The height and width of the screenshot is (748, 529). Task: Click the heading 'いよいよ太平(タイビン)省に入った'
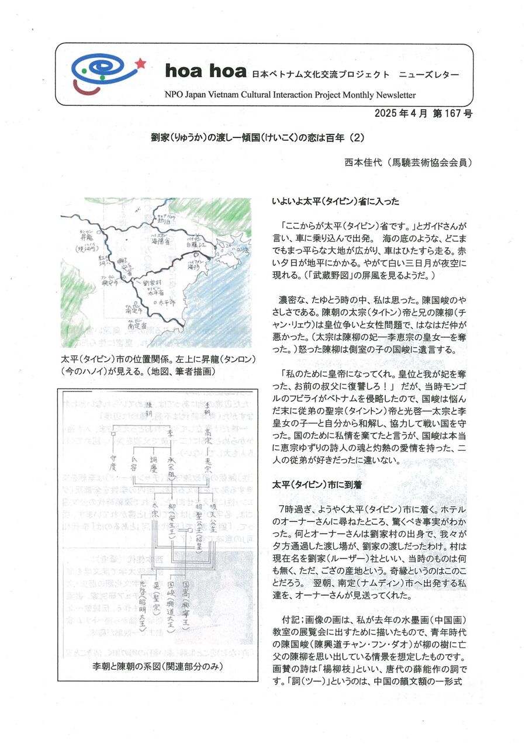(335, 202)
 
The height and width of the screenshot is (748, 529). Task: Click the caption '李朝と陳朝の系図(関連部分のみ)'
(159, 666)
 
